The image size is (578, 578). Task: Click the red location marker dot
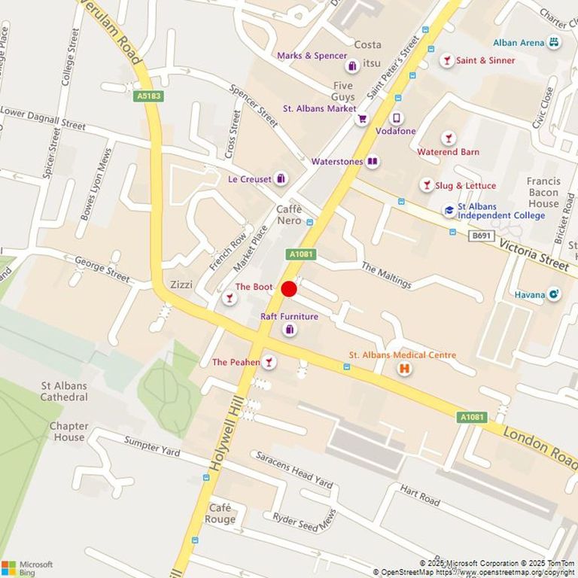point(289,289)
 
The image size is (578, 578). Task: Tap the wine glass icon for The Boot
point(230,299)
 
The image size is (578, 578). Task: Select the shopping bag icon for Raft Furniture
point(290,330)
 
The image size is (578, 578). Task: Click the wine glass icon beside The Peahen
point(268,363)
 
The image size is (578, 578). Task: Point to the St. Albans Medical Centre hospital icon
point(404,369)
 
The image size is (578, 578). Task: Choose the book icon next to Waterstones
point(372,161)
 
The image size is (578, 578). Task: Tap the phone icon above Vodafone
point(397,118)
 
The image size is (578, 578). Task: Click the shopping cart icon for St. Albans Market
point(362,118)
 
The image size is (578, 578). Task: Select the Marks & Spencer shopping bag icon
point(352,66)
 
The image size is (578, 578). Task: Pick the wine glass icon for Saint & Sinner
point(447,60)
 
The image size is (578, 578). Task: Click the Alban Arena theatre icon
point(554,42)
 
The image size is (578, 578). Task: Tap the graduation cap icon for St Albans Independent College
point(449,211)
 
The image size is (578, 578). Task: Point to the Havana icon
point(554,294)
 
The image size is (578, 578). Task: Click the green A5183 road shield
point(149,96)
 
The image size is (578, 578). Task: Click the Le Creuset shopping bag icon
point(281,179)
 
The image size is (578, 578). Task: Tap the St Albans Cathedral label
point(64,391)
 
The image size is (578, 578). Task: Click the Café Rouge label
point(222,513)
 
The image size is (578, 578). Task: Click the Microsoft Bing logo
point(27,567)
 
